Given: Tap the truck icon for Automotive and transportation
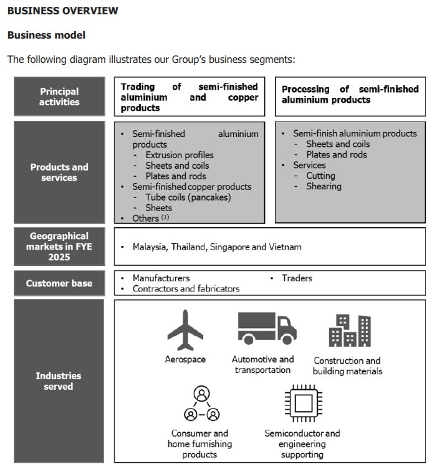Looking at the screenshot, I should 266,328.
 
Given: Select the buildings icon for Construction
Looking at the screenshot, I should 349,330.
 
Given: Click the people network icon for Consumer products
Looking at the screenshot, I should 201,404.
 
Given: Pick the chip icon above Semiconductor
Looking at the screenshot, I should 302,404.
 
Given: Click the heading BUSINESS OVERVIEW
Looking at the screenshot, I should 62,11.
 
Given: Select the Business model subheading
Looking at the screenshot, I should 46,35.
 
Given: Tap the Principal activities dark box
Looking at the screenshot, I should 59,97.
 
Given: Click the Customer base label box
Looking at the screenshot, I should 59,283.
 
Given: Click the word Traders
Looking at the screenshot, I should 297,278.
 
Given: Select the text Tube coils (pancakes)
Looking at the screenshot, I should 188,197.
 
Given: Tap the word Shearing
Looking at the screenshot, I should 324,186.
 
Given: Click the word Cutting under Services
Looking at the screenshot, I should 320,176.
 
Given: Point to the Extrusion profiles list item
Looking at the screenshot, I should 180,155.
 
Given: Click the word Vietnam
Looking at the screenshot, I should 286,247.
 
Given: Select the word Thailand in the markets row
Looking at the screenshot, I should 191,247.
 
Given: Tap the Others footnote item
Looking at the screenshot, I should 150,218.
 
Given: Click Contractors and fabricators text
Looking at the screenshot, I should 186,289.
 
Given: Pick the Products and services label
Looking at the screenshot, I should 59,172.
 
